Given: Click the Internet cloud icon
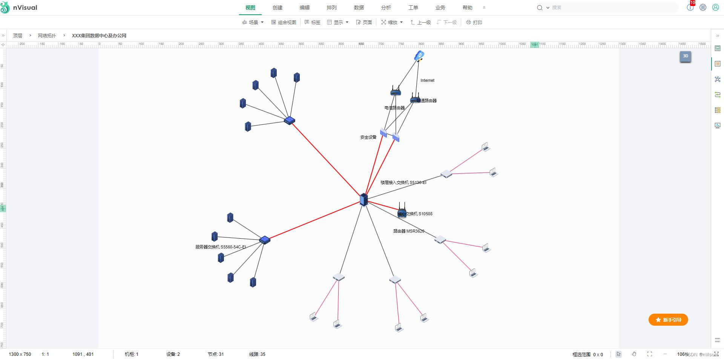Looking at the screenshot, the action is click(419, 56).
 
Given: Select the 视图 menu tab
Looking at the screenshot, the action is click(250, 8).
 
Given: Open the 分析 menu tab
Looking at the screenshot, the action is click(386, 8).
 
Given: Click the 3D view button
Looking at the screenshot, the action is click(685, 56).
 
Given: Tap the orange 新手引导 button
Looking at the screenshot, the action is click(668, 320).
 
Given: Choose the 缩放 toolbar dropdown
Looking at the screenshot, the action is click(392, 22).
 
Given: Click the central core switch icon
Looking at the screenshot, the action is click(364, 199).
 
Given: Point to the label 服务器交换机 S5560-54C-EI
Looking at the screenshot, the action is click(221, 247).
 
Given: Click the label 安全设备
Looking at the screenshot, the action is click(368, 137).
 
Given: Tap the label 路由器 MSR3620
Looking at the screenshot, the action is click(408, 231).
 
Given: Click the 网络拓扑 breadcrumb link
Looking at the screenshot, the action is click(47, 35).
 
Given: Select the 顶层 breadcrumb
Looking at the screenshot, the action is click(18, 35).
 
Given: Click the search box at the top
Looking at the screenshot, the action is click(611, 8).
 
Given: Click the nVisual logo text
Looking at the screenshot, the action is click(25, 8).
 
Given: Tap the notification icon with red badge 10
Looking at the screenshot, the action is click(690, 7).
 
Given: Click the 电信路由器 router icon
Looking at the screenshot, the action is click(395, 91).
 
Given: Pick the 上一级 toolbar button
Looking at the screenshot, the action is click(420, 22).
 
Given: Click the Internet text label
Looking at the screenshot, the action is click(427, 80).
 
